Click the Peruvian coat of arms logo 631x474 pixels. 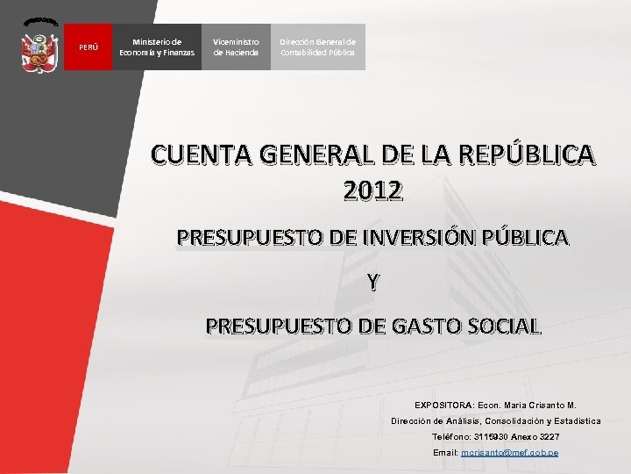pyautogui.click(x=39, y=45)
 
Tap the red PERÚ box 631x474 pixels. pyautogui.click(x=89, y=47)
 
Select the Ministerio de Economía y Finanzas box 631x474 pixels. pyautogui.click(x=157, y=47)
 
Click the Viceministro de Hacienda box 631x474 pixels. pyautogui.click(x=236, y=47)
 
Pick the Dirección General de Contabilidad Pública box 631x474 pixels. pyautogui.click(x=317, y=47)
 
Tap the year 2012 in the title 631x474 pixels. pyautogui.click(x=373, y=190)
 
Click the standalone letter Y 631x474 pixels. pyautogui.click(x=373, y=282)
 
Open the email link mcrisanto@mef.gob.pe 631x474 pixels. pyautogui.click(x=509, y=452)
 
